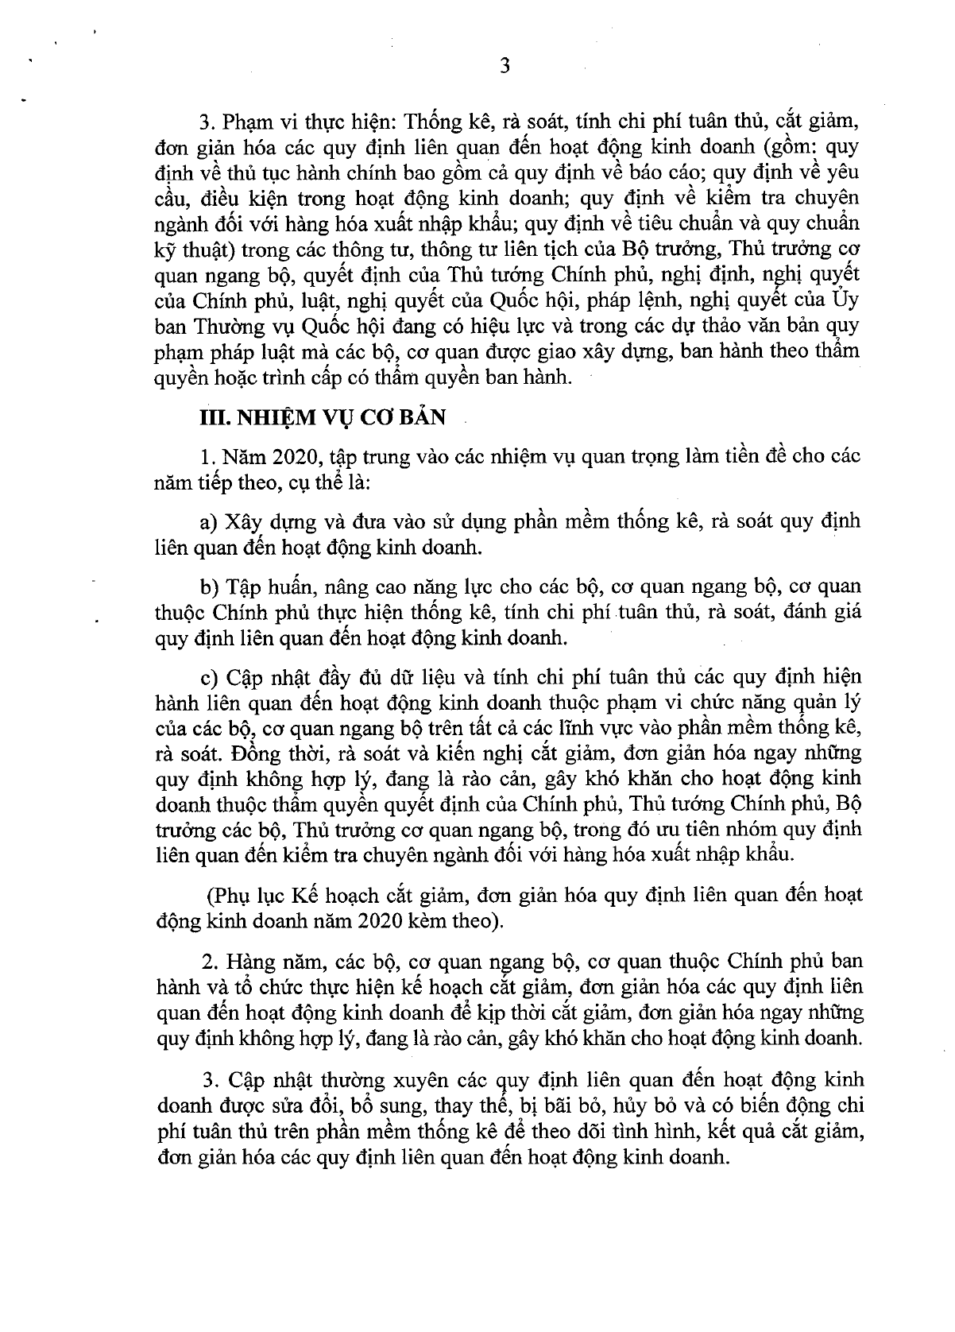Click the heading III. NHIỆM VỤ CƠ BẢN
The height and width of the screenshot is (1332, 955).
pos(322,416)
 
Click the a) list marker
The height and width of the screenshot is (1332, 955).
pos(210,522)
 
